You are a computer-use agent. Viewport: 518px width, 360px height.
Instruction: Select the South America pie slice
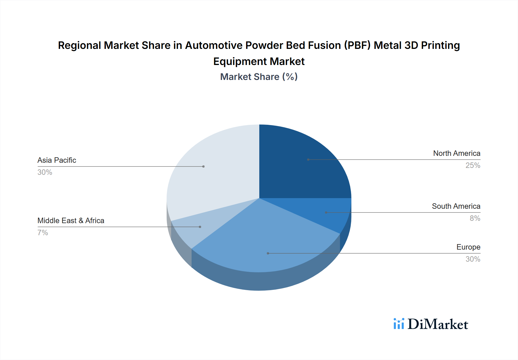click(331, 213)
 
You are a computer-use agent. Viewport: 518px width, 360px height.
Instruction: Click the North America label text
click(456, 153)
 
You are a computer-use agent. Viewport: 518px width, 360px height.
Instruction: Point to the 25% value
click(473, 165)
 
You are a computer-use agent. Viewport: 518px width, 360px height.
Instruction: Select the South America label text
click(456, 206)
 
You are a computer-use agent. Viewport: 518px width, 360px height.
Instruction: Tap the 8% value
click(475, 218)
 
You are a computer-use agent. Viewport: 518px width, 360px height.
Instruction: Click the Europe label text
click(468, 247)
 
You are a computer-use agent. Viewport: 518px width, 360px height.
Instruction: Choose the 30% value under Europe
click(473, 259)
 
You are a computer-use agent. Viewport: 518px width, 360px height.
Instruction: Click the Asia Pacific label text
click(57, 160)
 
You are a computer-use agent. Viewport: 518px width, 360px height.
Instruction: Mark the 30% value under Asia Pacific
click(45, 172)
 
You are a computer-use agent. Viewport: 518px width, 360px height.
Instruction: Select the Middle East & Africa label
click(71, 221)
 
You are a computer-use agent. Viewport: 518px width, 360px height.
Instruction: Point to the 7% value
click(43, 233)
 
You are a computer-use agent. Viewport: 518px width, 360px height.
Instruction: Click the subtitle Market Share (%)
click(259, 77)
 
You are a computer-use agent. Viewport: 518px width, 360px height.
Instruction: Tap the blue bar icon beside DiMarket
click(399, 324)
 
